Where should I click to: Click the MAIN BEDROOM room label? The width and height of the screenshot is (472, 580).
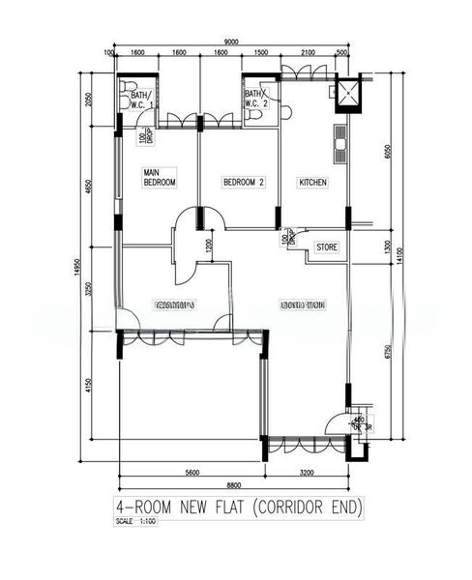click(x=160, y=177)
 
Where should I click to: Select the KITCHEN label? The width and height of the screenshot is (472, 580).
click(x=312, y=182)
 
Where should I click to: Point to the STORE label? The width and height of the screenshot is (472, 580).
click(x=328, y=248)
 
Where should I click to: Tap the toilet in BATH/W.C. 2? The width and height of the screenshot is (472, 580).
click(x=253, y=114)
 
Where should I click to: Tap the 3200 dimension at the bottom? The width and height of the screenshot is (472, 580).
click(x=308, y=473)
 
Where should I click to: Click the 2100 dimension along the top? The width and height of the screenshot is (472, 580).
click(x=308, y=53)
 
